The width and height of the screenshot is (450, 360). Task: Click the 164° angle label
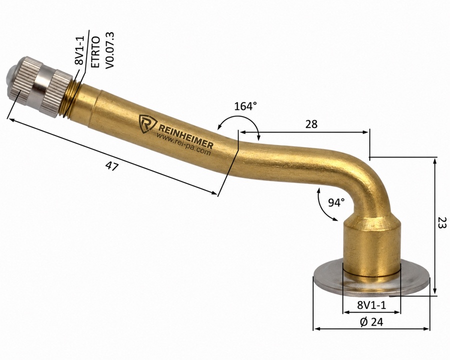click(245, 106)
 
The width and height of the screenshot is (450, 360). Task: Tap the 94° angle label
click(336, 202)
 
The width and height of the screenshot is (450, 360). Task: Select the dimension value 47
click(112, 166)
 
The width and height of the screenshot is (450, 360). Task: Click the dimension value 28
click(311, 124)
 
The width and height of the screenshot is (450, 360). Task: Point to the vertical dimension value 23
click(442, 222)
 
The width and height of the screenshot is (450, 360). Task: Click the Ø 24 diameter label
click(371, 322)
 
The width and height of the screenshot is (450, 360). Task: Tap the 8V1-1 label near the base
click(371, 305)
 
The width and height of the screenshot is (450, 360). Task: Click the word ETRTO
click(95, 52)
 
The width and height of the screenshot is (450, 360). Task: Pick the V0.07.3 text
click(110, 50)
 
